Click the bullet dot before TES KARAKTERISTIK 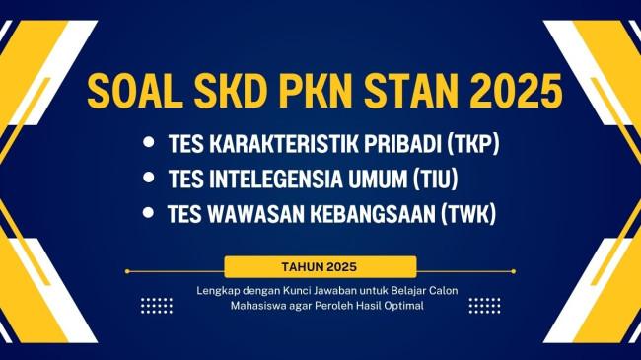(149, 142)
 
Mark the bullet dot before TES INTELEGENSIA (149, 178)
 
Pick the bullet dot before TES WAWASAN (148, 213)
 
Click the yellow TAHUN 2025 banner (320, 267)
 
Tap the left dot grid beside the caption (157, 306)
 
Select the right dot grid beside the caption (484, 306)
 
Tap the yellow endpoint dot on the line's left (127, 271)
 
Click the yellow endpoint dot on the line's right (514, 271)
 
